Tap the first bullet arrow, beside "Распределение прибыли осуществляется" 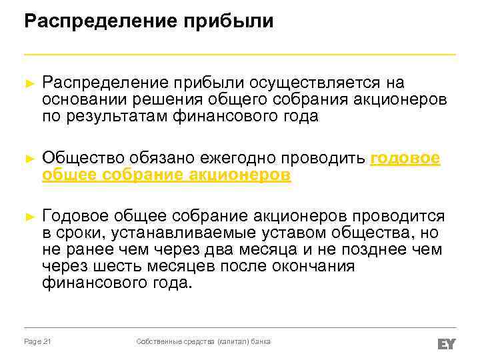(x=28, y=83)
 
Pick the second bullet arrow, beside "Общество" (x=28, y=159)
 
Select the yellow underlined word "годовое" (x=405, y=158)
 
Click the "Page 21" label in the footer (x=38, y=341)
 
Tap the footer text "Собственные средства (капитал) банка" (x=203, y=341)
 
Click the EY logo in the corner (x=446, y=343)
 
